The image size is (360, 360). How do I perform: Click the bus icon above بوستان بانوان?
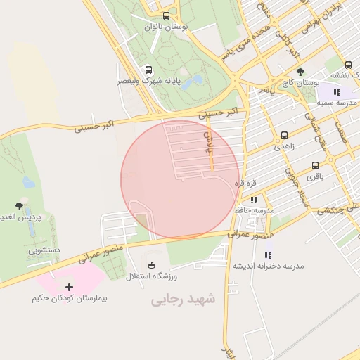click(x=166, y=15)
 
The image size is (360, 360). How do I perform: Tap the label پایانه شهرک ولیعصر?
click(x=152, y=81)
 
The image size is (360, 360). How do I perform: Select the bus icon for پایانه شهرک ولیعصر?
click(x=148, y=70)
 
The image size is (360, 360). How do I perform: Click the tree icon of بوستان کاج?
click(x=300, y=72)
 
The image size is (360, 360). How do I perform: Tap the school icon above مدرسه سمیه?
click(x=337, y=92)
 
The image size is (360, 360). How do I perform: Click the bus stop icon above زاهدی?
click(x=284, y=136)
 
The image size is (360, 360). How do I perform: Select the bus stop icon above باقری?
click(x=315, y=166)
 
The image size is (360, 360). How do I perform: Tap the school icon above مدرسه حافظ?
click(x=253, y=200)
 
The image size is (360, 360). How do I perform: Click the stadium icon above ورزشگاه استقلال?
click(x=151, y=265)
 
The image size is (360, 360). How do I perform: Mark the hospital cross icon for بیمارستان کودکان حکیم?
click(x=69, y=287)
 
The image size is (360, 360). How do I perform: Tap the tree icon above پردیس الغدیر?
click(x=19, y=207)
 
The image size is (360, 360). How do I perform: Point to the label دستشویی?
click(x=44, y=250)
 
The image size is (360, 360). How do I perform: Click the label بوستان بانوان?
click(x=166, y=27)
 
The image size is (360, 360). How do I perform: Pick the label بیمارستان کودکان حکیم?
click(x=69, y=299)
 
